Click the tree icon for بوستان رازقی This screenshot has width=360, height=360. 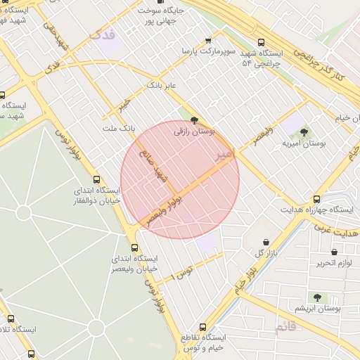(x=195, y=120)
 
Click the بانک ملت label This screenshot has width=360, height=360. (x=117, y=129)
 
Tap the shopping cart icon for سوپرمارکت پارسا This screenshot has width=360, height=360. (x=207, y=41)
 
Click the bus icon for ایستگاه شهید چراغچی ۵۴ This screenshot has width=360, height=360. (x=262, y=42)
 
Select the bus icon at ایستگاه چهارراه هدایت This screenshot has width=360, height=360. (x=316, y=199)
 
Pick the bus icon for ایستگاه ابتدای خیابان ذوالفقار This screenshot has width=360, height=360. (x=96, y=179)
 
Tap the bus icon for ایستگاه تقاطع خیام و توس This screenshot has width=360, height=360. (x=203, y=327)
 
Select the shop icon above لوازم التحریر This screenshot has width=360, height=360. (x=334, y=252)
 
